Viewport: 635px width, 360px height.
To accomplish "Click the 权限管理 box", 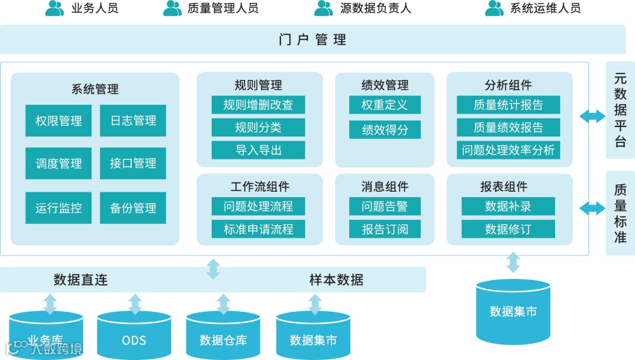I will pyautogui.click(x=58, y=121).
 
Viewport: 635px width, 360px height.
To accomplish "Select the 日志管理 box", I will pyautogui.click(x=133, y=121).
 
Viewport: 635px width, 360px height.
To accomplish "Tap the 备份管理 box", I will pyautogui.click(x=133, y=208).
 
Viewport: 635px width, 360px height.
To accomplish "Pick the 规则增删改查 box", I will pyautogui.click(x=258, y=105).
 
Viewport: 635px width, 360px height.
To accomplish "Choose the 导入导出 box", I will pyautogui.click(x=258, y=150).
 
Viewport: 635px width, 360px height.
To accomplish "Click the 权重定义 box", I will pyautogui.click(x=385, y=105).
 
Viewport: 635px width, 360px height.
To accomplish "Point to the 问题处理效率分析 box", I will pyautogui.click(x=508, y=150).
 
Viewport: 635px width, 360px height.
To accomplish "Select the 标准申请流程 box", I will pyautogui.click(x=258, y=229).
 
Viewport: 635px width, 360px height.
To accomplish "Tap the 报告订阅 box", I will pyautogui.click(x=385, y=229).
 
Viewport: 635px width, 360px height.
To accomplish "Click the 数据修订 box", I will pyautogui.click(x=508, y=229).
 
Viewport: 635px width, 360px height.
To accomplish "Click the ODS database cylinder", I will pyautogui.click(x=134, y=336).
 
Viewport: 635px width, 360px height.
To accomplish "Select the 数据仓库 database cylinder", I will pyautogui.click(x=223, y=336).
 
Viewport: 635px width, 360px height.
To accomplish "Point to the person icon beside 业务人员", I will pyautogui.click(x=55, y=8).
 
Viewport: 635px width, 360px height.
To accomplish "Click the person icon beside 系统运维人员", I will pyautogui.click(x=494, y=8).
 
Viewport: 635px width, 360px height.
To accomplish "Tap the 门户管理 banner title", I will pyautogui.click(x=312, y=39).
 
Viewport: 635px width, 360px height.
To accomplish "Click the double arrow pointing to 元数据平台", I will pyautogui.click(x=592, y=116).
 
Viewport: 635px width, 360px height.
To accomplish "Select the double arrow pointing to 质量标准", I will pyautogui.click(x=592, y=208).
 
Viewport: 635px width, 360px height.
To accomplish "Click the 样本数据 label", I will pyautogui.click(x=336, y=279).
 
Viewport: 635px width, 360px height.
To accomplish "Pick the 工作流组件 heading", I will pyautogui.click(x=259, y=186).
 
